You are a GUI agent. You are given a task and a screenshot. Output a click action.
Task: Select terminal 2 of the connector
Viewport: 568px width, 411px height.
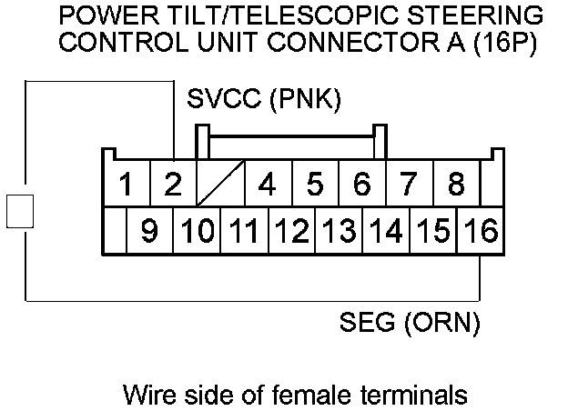point(172,185)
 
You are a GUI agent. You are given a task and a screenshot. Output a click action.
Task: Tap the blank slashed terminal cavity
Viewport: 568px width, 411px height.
point(220,185)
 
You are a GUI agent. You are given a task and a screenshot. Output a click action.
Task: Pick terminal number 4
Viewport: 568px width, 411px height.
point(268,185)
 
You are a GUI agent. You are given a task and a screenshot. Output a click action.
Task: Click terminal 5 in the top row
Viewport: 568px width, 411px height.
point(315,185)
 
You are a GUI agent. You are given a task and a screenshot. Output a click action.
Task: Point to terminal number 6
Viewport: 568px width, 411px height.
point(362,185)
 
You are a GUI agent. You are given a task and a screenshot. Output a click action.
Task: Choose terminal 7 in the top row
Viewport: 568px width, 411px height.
point(410,185)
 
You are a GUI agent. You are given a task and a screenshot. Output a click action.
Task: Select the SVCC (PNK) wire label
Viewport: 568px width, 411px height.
point(263,99)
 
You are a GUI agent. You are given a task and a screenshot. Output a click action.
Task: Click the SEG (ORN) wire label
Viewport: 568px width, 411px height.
point(409,323)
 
